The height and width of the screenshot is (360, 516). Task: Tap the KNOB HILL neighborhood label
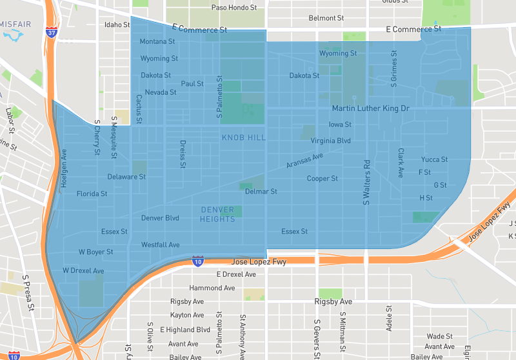(244, 138)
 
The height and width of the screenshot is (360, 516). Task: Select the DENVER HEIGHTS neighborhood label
(217, 214)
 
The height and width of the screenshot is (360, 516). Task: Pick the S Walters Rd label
(366, 183)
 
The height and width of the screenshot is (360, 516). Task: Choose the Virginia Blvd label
(330, 141)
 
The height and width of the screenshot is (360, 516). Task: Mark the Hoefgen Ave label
(64, 169)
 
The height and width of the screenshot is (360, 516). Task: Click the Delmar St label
(261, 192)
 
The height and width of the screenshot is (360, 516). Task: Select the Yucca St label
(434, 159)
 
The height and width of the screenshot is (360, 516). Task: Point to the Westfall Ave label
(161, 245)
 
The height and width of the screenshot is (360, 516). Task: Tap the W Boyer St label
(96, 252)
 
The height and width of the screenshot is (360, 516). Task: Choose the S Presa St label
(27, 294)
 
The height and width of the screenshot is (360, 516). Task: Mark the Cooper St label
(322, 179)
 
